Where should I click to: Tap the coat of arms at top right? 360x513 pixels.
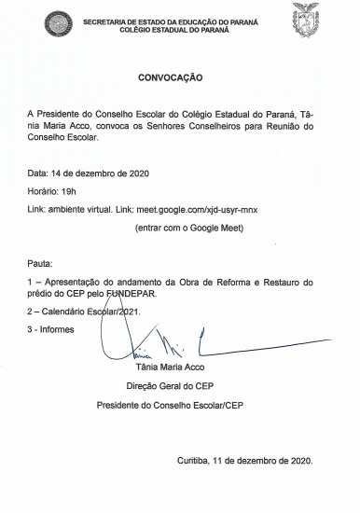306,21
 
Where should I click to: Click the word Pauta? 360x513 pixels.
40,264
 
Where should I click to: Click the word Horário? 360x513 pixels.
42,191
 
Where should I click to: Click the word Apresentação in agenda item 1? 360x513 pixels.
76,282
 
